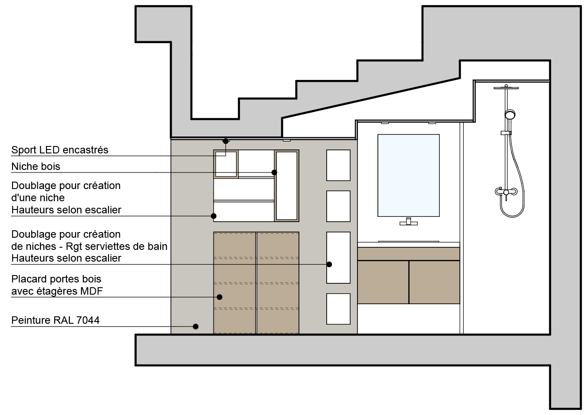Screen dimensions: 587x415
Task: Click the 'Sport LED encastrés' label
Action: click(x=60, y=150)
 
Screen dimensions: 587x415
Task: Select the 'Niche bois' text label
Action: click(x=36, y=166)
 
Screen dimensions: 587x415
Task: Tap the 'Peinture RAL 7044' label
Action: click(x=56, y=320)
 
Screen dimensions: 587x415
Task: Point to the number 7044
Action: click(x=88, y=320)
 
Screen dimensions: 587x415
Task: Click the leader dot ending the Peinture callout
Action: click(x=196, y=326)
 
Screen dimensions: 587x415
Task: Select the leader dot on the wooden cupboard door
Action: click(x=220, y=297)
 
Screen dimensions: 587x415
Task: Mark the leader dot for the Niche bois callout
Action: click(x=274, y=173)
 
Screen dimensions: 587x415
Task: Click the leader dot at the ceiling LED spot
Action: click(x=226, y=141)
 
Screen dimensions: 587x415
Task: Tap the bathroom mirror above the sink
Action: click(x=408, y=176)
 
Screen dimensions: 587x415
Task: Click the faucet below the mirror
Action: click(x=409, y=222)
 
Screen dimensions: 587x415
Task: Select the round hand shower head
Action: click(x=510, y=114)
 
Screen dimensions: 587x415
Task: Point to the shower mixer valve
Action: click(x=506, y=192)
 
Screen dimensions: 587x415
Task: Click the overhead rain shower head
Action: click(x=506, y=88)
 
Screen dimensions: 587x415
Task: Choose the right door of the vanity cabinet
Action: click(x=434, y=282)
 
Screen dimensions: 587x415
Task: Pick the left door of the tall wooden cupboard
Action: click(x=235, y=283)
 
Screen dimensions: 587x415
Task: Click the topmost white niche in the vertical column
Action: click(x=338, y=166)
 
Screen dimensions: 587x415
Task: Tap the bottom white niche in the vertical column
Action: click(x=338, y=309)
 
